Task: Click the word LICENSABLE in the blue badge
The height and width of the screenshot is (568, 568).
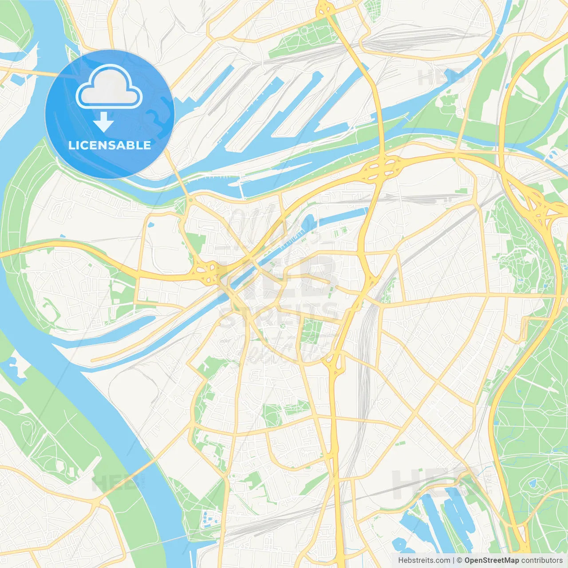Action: pyautogui.click(x=110, y=145)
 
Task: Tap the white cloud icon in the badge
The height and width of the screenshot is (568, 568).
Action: pyautogui.click(x=109, y=87)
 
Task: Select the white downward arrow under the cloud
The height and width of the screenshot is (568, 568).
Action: pyautogui.click(x=103, y=122)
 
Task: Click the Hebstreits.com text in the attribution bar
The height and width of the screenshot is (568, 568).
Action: pyautogui.click(x=424, y=560)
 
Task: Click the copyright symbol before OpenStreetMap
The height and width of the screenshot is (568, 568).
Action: pyautogui.click(x=459, y=560)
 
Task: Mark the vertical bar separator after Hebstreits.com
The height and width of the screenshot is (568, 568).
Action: pyautogui.click(x=453, y=560)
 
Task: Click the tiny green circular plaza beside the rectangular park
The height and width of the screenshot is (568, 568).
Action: pyautogui.click(x=282, y=327)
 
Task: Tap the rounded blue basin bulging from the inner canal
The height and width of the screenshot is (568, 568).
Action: pyautogui.click(x=308, y=220)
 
